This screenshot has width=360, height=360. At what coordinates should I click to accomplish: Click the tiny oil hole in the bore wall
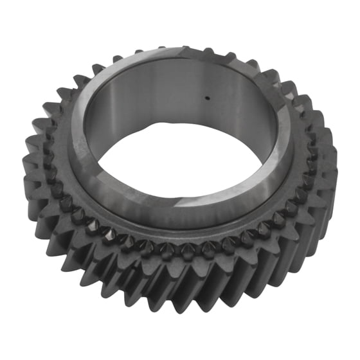(207, 98)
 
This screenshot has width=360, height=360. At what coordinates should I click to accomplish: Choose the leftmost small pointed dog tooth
(49, 157)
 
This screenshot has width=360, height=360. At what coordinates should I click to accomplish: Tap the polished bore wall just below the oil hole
(207, 119)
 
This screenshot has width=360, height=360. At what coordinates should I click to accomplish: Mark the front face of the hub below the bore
(161, 209)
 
